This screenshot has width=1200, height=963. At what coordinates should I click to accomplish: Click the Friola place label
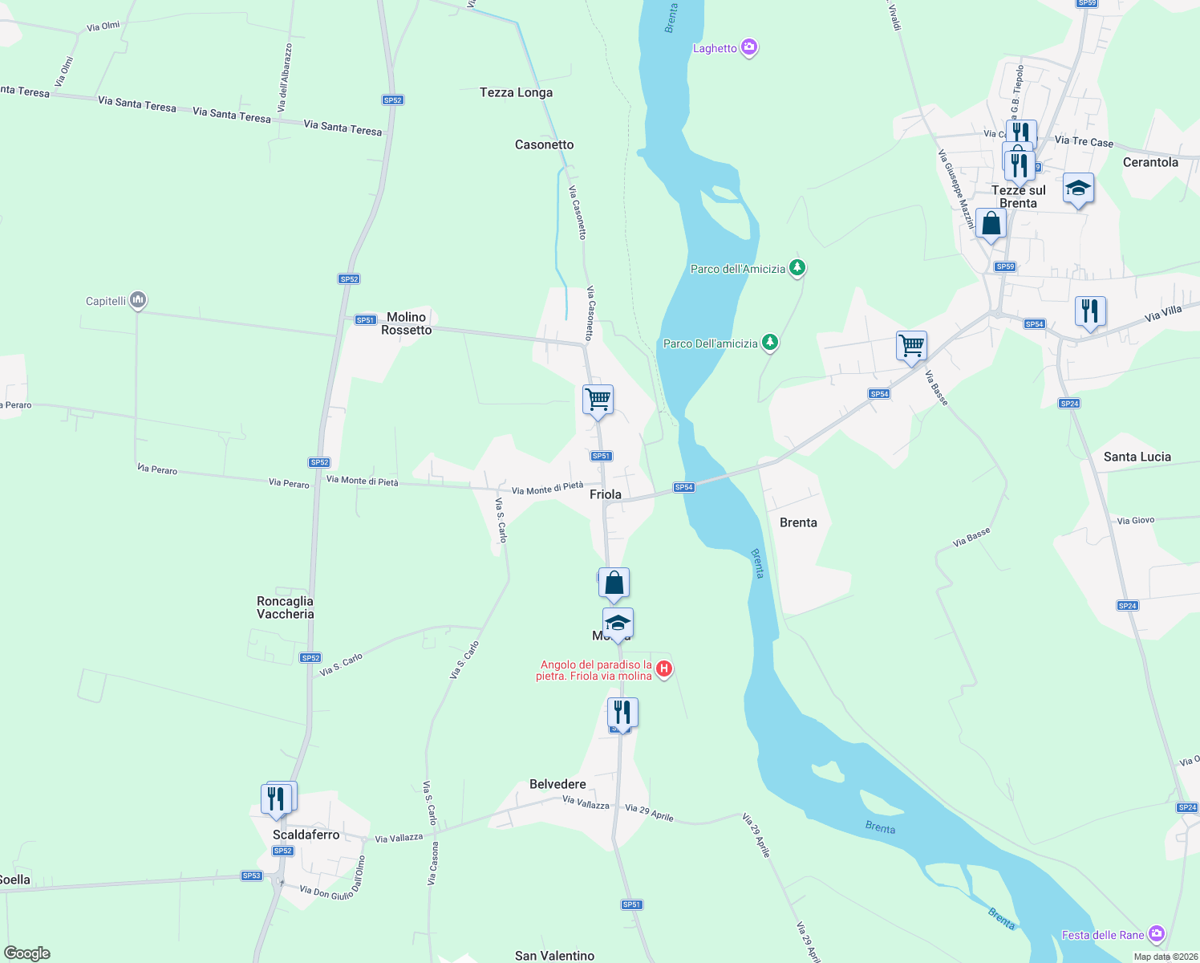pyautogui.click(x=605, y=494)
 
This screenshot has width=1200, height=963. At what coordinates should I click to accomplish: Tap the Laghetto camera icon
pyautogui.click(x=749, y=48)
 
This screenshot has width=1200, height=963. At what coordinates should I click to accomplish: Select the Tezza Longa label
pyautogui.click(x=516, y=92)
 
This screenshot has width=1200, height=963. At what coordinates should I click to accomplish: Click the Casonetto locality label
pyautogui.click(x=544, y=144)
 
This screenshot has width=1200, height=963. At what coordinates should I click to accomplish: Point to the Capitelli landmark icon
pyautogui.click(x=138, y=300)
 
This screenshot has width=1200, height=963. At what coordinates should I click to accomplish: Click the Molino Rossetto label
pyautogui.click(x=406, y=323)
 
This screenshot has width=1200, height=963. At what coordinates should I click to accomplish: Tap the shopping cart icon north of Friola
pyautogui.click(x=598, y=399)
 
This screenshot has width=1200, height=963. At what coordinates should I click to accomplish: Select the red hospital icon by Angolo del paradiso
pyautogui.click(x=663, y=668)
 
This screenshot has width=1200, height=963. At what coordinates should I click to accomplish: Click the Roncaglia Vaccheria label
pyautogui.click(x=285, y=607)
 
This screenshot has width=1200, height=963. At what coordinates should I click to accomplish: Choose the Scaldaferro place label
pyautogui.click(x=306, y=835)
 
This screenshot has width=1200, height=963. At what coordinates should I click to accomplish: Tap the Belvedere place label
pyautogui.click(x=557, y=784)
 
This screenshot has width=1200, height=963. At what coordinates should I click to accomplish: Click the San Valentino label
pyautogui.click(x=554, y=956)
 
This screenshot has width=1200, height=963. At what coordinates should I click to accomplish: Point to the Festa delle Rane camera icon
pyautogui.click(x=1156, y=934)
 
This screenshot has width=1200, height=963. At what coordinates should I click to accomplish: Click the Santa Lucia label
pyautogui.click(x=1137, y=457)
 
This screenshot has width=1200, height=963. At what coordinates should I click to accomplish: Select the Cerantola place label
pyautogui.click(x=1150, y=162)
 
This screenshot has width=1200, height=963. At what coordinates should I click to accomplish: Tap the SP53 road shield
pyautogui.click(x=252, y=876)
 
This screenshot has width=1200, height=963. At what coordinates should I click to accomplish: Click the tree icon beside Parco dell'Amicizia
pyautogui.click(x=797, y=267)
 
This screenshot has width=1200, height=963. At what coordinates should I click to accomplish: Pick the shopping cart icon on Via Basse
pyautogui.click(x=911, y=346)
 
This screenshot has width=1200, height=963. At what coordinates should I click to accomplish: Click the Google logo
pyautogui.click(x=27, y=953)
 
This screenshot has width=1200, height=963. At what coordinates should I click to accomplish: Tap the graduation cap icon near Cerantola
pyautogui.click(x=1077, y=189)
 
